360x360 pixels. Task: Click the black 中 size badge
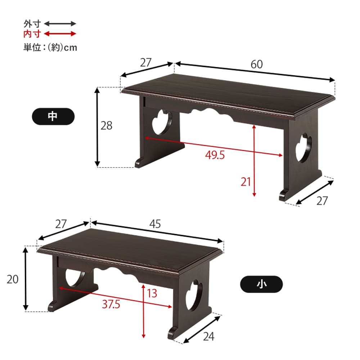[x=53, y=116]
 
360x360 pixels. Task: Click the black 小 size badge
[x=261, y=284]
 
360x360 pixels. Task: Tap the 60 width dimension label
[x=256, y=64]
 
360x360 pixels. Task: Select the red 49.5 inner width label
[x=215, y=155]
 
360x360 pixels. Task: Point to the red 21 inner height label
[x=246, y=182]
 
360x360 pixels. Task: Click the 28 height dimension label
[x=106, y=126]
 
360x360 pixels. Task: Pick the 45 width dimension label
[x=155, y=224]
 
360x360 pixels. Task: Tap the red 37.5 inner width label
[x=111, y=304]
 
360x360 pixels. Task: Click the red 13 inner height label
[x=152, y=293]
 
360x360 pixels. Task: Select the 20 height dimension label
[x=12, y=279]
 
